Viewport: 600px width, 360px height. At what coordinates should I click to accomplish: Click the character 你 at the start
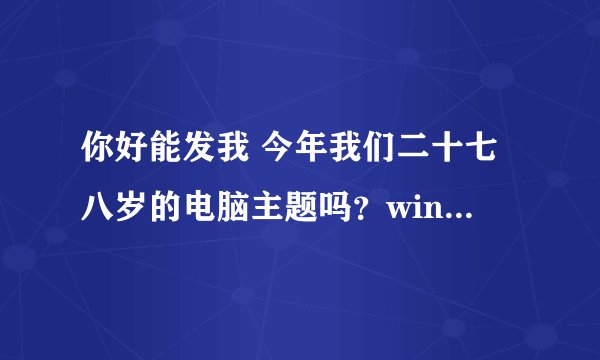click(97, 158)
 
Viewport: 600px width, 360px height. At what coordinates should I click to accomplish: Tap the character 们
click(377, 158)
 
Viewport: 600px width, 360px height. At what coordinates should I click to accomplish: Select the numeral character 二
click(412, 158)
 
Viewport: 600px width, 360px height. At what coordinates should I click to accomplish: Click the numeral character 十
click(447, 158)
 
